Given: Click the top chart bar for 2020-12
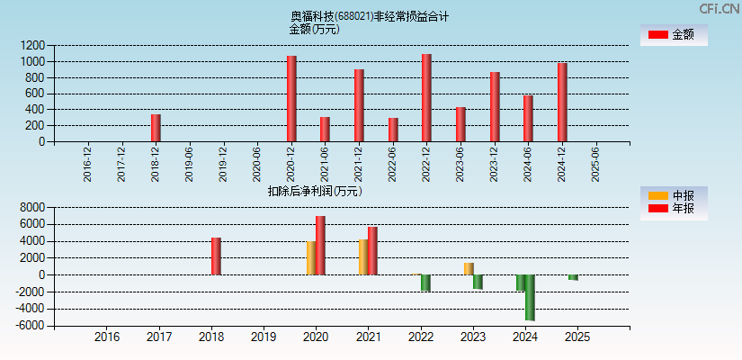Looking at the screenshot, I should (x=291, y=99).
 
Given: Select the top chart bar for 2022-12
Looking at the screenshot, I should (x=426, y=98).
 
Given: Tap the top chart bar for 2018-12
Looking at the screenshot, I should (x=156, y=128).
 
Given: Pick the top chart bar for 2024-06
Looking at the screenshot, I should (x=528, y=119).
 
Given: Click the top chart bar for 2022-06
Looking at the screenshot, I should (x=393, y=130).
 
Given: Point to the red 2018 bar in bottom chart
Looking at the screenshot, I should (x=216, y=256).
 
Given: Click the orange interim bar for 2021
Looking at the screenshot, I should (x=363, y=257).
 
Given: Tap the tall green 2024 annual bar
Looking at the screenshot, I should (x=530, y=297).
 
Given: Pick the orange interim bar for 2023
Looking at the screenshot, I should (x=469, y=269).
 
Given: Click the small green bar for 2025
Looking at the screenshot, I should (x=573, y=277).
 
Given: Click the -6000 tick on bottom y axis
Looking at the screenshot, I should (x=30, y=325).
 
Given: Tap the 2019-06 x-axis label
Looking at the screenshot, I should (x=189, y=165).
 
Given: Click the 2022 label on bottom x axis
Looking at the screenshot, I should (x=420, y=337).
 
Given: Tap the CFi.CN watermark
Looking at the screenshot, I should (x=719, y=9).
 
